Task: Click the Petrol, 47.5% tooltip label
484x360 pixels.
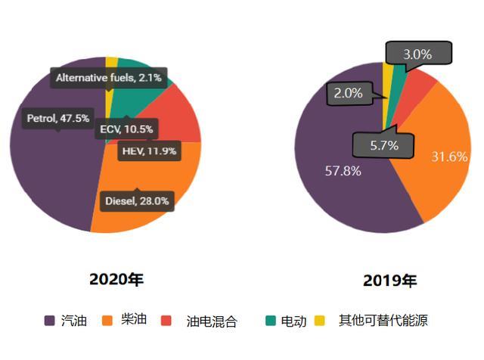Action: tap(58, 119)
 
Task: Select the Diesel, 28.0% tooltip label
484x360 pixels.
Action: tap(137, 201)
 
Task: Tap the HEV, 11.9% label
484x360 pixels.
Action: tap(149, 151)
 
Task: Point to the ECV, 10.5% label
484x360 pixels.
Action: tap(126, 129)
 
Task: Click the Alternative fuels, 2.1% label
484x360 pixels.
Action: tap(109, 77)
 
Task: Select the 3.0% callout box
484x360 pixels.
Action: tap(417, 54)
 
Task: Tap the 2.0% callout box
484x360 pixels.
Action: tap(348, 94)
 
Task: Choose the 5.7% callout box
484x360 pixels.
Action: tap(383, 145)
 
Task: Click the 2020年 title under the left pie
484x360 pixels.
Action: tap(116, 279)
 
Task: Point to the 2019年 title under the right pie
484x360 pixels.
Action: tap(389, 281)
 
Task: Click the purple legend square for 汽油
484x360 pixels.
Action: tap(50, 321)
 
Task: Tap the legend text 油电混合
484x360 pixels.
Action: tap(212, 321)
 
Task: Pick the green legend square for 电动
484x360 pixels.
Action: tap(269, 321)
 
